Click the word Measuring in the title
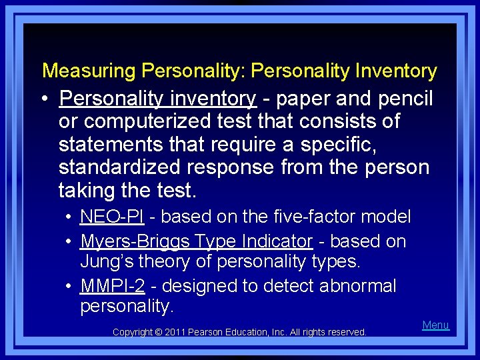(x=90, y=71)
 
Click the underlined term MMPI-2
(x=112, y=286)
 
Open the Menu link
(x=436, y=325)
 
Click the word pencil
(x=406, y=99)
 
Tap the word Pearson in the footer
(x=209, y=332)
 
